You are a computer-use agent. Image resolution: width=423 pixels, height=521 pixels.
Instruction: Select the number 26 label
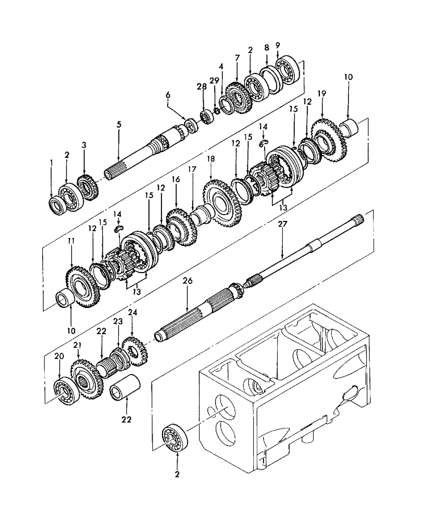point(188,281)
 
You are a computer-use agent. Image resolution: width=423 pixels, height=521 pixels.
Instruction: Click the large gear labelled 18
point(222,203)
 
